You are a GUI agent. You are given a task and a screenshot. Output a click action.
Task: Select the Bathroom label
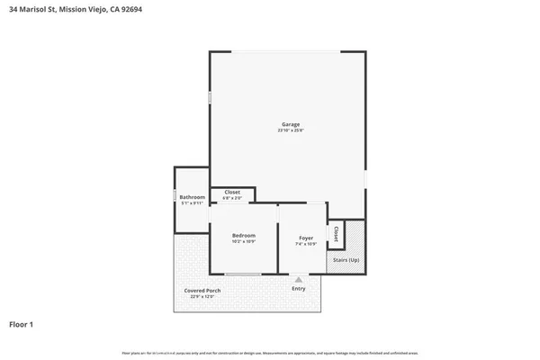[x=192, y=197]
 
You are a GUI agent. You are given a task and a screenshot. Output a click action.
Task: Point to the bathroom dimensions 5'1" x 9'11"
[x=192, y=204]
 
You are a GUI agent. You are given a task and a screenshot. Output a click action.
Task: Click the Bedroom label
[x=244, y=236]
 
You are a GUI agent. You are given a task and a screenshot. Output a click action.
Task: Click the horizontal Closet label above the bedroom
[x=232, y=192]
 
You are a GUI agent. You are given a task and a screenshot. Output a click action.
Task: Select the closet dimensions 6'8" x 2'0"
[x=232, y=198]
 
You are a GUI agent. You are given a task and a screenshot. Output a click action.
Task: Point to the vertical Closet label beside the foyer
[x=336, y=233]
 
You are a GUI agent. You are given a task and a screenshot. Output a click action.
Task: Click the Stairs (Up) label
[x=346, y=259]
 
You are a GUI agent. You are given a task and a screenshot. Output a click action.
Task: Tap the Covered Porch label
[x=202, y=291]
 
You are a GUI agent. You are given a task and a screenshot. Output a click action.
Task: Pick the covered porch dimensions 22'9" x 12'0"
[x=202, y=297]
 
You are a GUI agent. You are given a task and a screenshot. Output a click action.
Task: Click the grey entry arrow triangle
[x=298, y=279]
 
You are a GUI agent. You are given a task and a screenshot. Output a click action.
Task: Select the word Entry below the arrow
[x=298, y=289]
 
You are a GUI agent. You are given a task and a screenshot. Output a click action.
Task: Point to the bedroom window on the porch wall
[x=243, y=274]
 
